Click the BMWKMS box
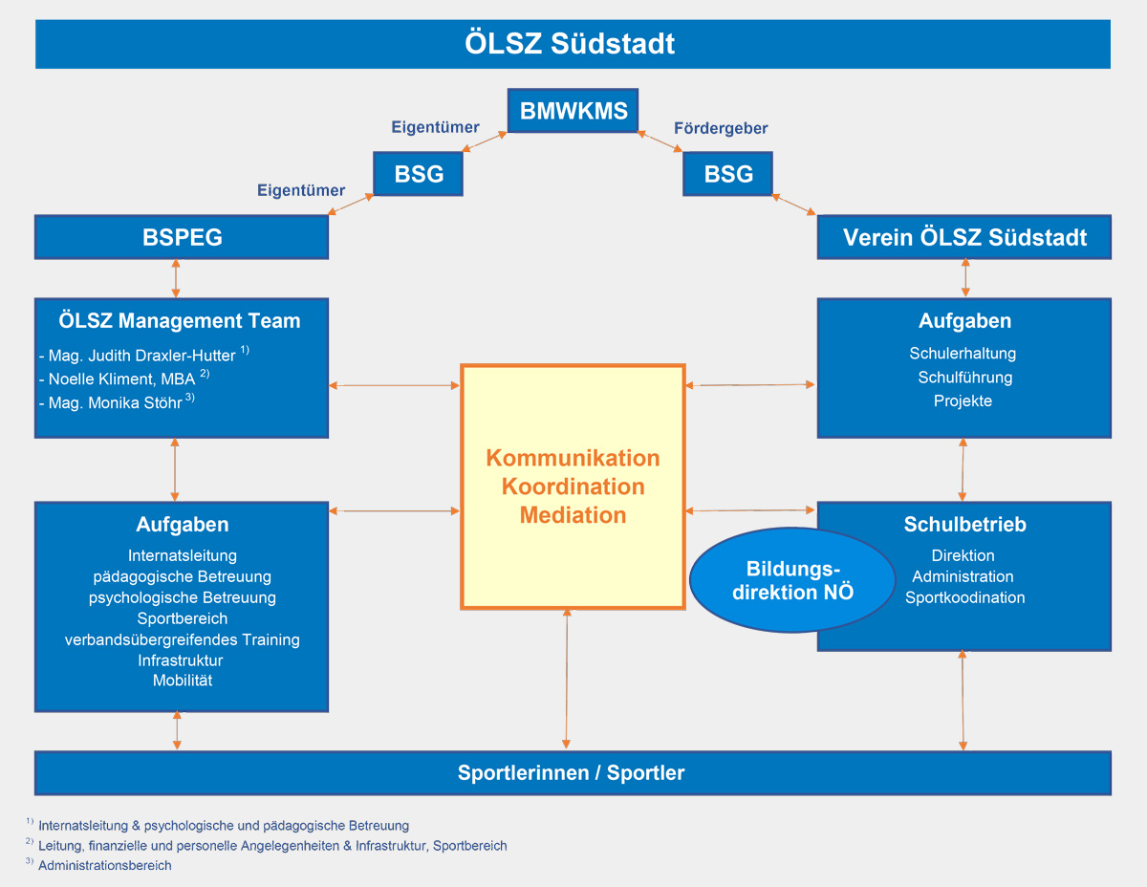point(573,111)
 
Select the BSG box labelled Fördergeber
point(727,174)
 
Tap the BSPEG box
point(182,237)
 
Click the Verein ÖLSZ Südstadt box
point(964,237)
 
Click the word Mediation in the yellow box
point(573,515)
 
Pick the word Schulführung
point(964,378)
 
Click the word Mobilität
point(183,681)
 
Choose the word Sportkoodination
point(965,597)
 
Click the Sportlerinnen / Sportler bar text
point(571,773)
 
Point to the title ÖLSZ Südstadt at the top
point(571,44)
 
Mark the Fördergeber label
point(721,128)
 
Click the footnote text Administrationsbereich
point(105,865)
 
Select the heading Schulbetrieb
point(964,525)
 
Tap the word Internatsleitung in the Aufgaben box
point(183,555)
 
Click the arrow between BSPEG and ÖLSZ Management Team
point(176,278)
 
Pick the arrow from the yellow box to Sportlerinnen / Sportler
point(567,679)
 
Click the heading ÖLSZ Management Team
point(182,321)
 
